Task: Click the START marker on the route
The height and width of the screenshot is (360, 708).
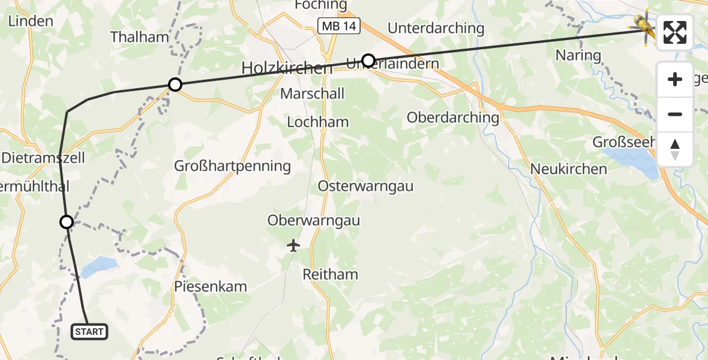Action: coord(89,331)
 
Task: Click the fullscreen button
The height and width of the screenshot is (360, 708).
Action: coord(675,32)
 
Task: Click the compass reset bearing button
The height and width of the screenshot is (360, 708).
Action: coord(675,150)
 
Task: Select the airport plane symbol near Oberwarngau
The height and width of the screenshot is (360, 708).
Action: coord(293,245)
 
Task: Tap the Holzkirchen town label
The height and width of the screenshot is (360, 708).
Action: coord(286,68)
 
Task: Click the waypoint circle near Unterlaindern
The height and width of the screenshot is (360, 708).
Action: coord(368,60)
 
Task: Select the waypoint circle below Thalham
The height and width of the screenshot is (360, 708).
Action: coord(175,85)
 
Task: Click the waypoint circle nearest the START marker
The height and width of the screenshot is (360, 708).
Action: coord(67,222)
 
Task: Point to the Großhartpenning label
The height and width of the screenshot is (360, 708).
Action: coord(232,166)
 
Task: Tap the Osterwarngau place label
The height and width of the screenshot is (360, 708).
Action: coord(366,186)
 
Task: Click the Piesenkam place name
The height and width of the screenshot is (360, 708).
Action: coord(211,286)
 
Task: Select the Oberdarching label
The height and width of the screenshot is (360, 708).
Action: coord(452,118)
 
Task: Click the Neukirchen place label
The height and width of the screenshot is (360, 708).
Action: coord(569,169)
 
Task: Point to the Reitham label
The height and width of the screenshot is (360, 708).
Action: coord(331,274)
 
